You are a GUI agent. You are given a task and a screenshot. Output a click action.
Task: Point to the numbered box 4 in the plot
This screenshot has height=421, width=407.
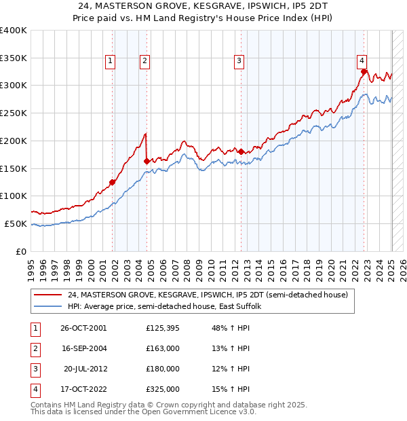coord(363,59)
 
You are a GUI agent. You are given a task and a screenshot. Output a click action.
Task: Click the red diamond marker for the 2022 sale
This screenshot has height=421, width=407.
coord(364,71)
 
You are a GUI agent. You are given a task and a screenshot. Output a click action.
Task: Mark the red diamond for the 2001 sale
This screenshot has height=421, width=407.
coord(113,182)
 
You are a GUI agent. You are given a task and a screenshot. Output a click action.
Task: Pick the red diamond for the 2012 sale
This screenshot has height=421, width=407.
coord(241,151)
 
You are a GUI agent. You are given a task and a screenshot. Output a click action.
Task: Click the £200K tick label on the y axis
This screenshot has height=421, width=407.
coord(14,141)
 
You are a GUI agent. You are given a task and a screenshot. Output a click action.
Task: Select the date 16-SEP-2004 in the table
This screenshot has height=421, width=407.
coord(83,348)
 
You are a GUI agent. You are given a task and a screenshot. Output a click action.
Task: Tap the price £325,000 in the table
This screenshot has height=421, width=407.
coord(163,389)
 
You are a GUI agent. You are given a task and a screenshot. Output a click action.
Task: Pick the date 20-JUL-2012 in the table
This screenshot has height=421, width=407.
coord(84,369)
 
